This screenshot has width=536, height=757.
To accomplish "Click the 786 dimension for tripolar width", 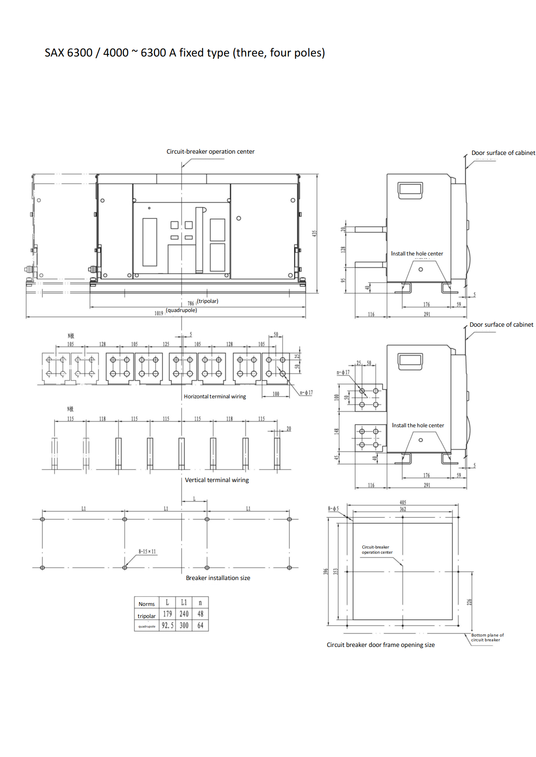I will (191, 303).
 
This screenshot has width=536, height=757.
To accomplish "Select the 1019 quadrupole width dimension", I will (159, 313).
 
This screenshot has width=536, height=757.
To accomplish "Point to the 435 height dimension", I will (315, 233).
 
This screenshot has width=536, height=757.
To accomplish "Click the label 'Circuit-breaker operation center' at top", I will (211, 151).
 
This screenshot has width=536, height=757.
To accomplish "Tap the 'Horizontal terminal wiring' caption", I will (215, 396).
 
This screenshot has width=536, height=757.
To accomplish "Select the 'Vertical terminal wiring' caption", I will (217, 480).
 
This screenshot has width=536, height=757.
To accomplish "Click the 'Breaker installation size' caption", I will (218, 578).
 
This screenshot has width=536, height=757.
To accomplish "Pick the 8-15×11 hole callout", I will (147, 551).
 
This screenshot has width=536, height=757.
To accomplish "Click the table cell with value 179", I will (167, 614).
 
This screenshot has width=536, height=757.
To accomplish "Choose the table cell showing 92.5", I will (167, 625).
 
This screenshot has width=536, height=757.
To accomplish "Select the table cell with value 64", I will (200, 625).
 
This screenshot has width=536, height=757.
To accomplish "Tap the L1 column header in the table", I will (184, 602).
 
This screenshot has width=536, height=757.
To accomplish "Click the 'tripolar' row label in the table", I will (147, 616).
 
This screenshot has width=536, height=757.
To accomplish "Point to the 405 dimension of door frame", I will (402, 502).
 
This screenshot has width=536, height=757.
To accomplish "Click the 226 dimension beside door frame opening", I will (469, 602).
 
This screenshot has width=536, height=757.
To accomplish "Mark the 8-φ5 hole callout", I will (333, 508).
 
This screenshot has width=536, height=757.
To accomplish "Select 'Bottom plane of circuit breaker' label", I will (487, 637).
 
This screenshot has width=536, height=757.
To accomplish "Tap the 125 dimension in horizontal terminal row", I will (166, 344).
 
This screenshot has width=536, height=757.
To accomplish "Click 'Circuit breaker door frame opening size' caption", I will (380, 645).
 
